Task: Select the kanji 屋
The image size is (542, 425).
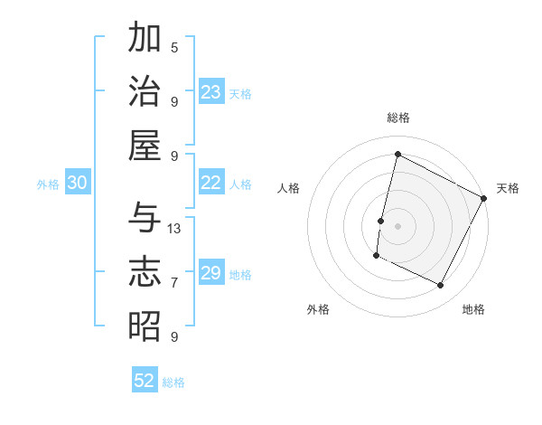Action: click(x=145, y=145)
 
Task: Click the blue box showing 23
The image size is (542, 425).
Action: click(x=211, y=92)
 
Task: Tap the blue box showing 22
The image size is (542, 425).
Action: click(x=211, y=183)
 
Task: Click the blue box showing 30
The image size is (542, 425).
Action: click(x=78, y=183)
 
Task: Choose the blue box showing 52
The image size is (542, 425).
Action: click(x=145, y=381)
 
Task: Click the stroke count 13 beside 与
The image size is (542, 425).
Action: click(x=175, y=228)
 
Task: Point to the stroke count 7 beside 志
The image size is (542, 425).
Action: click(x=174, y=282)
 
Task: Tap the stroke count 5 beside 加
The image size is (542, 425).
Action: click(x=174, y=47)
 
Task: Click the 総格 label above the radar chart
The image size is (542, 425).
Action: click(x=397, y=118)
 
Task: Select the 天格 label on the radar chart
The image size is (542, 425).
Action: click(x=508, y=188)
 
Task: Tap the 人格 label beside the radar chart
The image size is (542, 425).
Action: click(x=288, y=188)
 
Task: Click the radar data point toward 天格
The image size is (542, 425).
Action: click(x=484, y=198)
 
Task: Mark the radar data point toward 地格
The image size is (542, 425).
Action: click(x=441, y=286)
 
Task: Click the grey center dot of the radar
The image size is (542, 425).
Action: click(x=397, y=226)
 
